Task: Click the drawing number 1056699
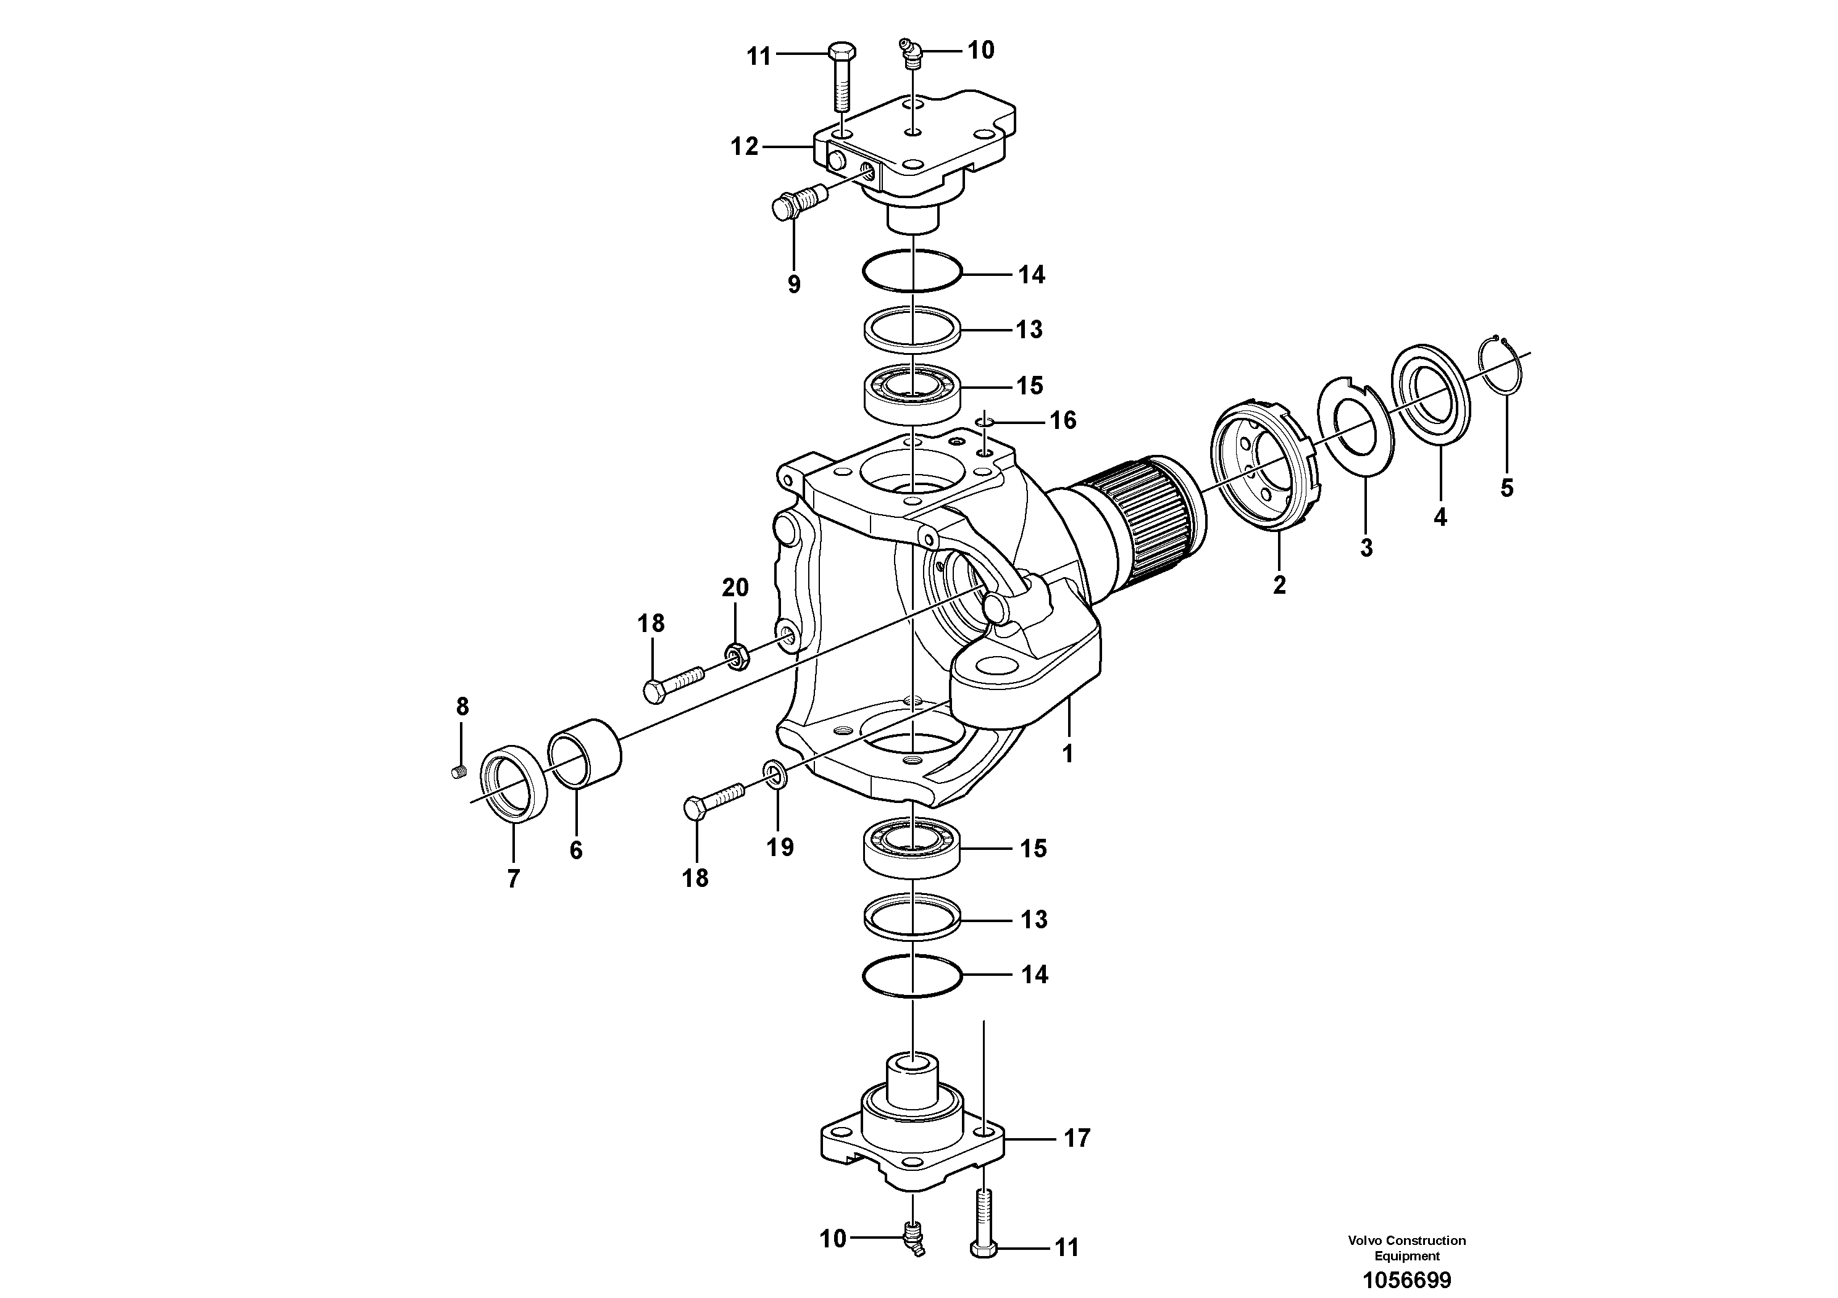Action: point(1406,1279)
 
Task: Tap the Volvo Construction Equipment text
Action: point(1406,1247)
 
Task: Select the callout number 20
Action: point(735,588)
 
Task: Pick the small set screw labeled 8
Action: point(459,772)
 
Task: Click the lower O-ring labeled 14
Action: point(913,975)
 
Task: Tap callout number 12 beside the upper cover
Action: point(744,146)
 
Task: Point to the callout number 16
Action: point(1063,420)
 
